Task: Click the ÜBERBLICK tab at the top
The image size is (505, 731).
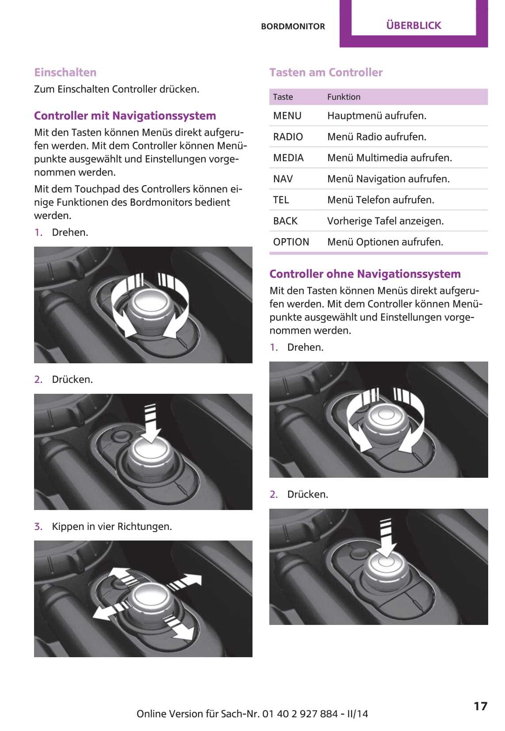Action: (413, 25)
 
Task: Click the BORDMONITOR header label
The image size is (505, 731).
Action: (293, 27)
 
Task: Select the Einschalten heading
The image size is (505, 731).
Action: (65, 72)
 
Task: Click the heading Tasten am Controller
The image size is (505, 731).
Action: (326, 72)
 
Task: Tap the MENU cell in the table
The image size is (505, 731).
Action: (287, 116)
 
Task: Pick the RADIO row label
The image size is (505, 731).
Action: (288, 137)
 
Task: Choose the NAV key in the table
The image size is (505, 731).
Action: (283, 179)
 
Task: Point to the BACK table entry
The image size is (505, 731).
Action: (285, 221)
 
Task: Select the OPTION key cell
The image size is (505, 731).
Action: (291, 242)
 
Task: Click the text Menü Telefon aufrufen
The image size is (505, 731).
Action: (380, 200)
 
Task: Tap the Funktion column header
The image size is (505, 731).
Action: (344, 97)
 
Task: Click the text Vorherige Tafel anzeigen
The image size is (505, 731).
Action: (385, 221)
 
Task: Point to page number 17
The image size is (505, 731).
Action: (480, 706)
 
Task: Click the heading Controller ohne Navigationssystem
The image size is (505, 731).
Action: (365, 274)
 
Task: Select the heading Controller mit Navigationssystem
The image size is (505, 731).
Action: (125, 116)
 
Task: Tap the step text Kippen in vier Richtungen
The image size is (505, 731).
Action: (111, 526)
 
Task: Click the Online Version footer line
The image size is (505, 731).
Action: (252, 714)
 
